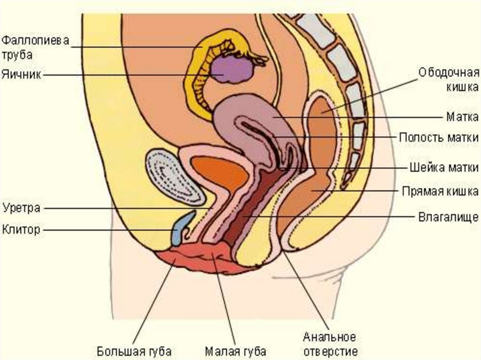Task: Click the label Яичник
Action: [x=23, y=74]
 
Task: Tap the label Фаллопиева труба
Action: [x=35, y=47]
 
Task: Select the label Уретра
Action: [x=22, y=207]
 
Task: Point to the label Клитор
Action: [x=22, y=230]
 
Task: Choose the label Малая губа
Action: [x=236, y=351]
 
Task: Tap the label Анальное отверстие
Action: [x=330, y=344]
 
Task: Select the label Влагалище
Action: [x=448, y=217]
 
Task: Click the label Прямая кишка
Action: [x=440, y=191]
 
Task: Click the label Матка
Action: [x=463, y=115]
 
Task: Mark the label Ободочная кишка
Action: [x=449, y=80]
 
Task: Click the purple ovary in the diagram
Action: [x=232, y=69]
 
